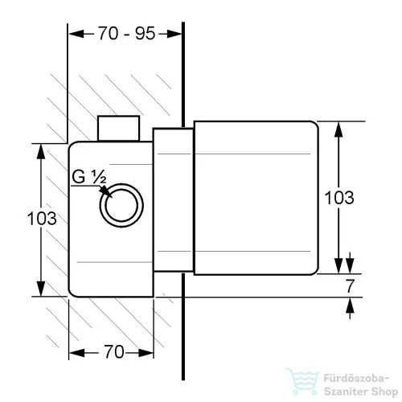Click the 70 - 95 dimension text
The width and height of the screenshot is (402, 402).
pyautogui.click(x=126, y=34)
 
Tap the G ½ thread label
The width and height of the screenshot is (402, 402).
pyautogui.click(x=89, y=177)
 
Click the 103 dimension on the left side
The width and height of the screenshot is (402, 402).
pyautogui.click(x=42, y=218)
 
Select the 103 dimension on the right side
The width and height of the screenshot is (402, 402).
pyautogui.click(x=339, y=198)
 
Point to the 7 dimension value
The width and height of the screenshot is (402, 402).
pyautogui.click(x=350, y=286)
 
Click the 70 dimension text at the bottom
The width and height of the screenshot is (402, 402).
pyautogui.click(x=114, y=351)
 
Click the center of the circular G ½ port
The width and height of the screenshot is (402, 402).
pyautogui.click(x=121, y=206)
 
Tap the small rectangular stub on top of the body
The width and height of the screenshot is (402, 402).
pyautogui.click(x=118, y=129)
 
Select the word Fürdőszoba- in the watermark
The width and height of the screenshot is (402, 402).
pyautogui.click(x=356, y=379)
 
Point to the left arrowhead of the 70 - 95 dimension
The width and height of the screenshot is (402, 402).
pyautogui.click(x=76, y=34)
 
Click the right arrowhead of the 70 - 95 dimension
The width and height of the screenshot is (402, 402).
pyautogui.click(x=174, y=34)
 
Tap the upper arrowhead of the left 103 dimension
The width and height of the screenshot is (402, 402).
pyautogui.click(x=41, y=152)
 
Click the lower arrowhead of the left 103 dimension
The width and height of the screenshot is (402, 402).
pyautogui.click(x=41, y=289)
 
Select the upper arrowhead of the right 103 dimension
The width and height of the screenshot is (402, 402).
pyautogui.click(x=338, y=129)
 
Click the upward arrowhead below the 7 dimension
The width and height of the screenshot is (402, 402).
pyautogui.click(x=350, y=306)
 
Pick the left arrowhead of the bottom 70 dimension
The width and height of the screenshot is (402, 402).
pyautogui.click(x=76, y=353)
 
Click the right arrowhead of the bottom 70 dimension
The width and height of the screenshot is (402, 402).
pyautogui.click(x=146, y=353)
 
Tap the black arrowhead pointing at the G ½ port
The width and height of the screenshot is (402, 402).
pyautogui.click(x=105, y=191)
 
